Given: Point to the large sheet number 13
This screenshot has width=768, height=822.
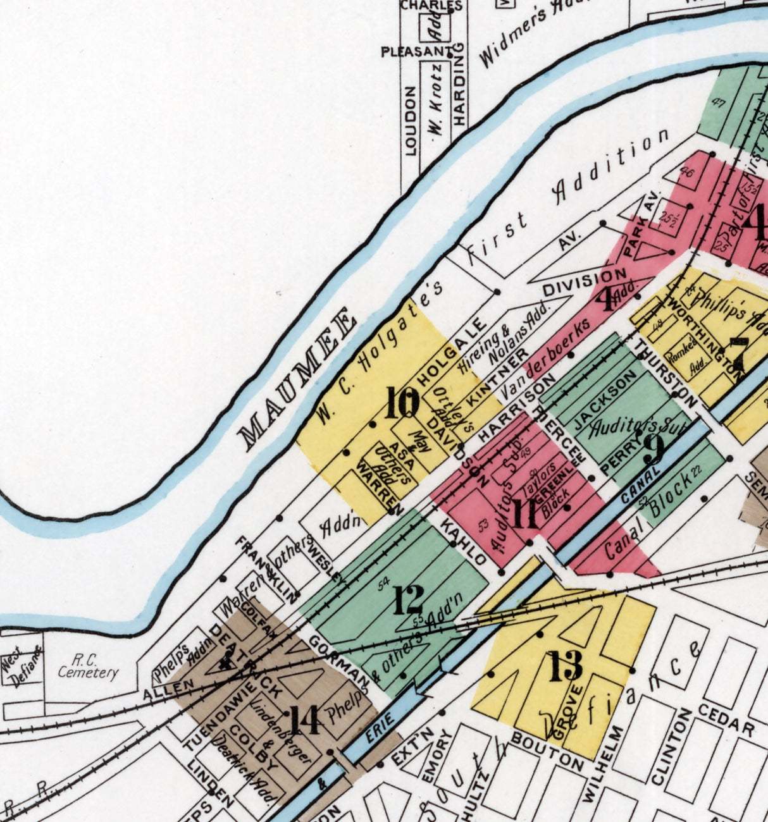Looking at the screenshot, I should (565, 666).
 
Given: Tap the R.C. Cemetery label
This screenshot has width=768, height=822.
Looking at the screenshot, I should (87, 665).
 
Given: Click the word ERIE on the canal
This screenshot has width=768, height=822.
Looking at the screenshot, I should (380, 729).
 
